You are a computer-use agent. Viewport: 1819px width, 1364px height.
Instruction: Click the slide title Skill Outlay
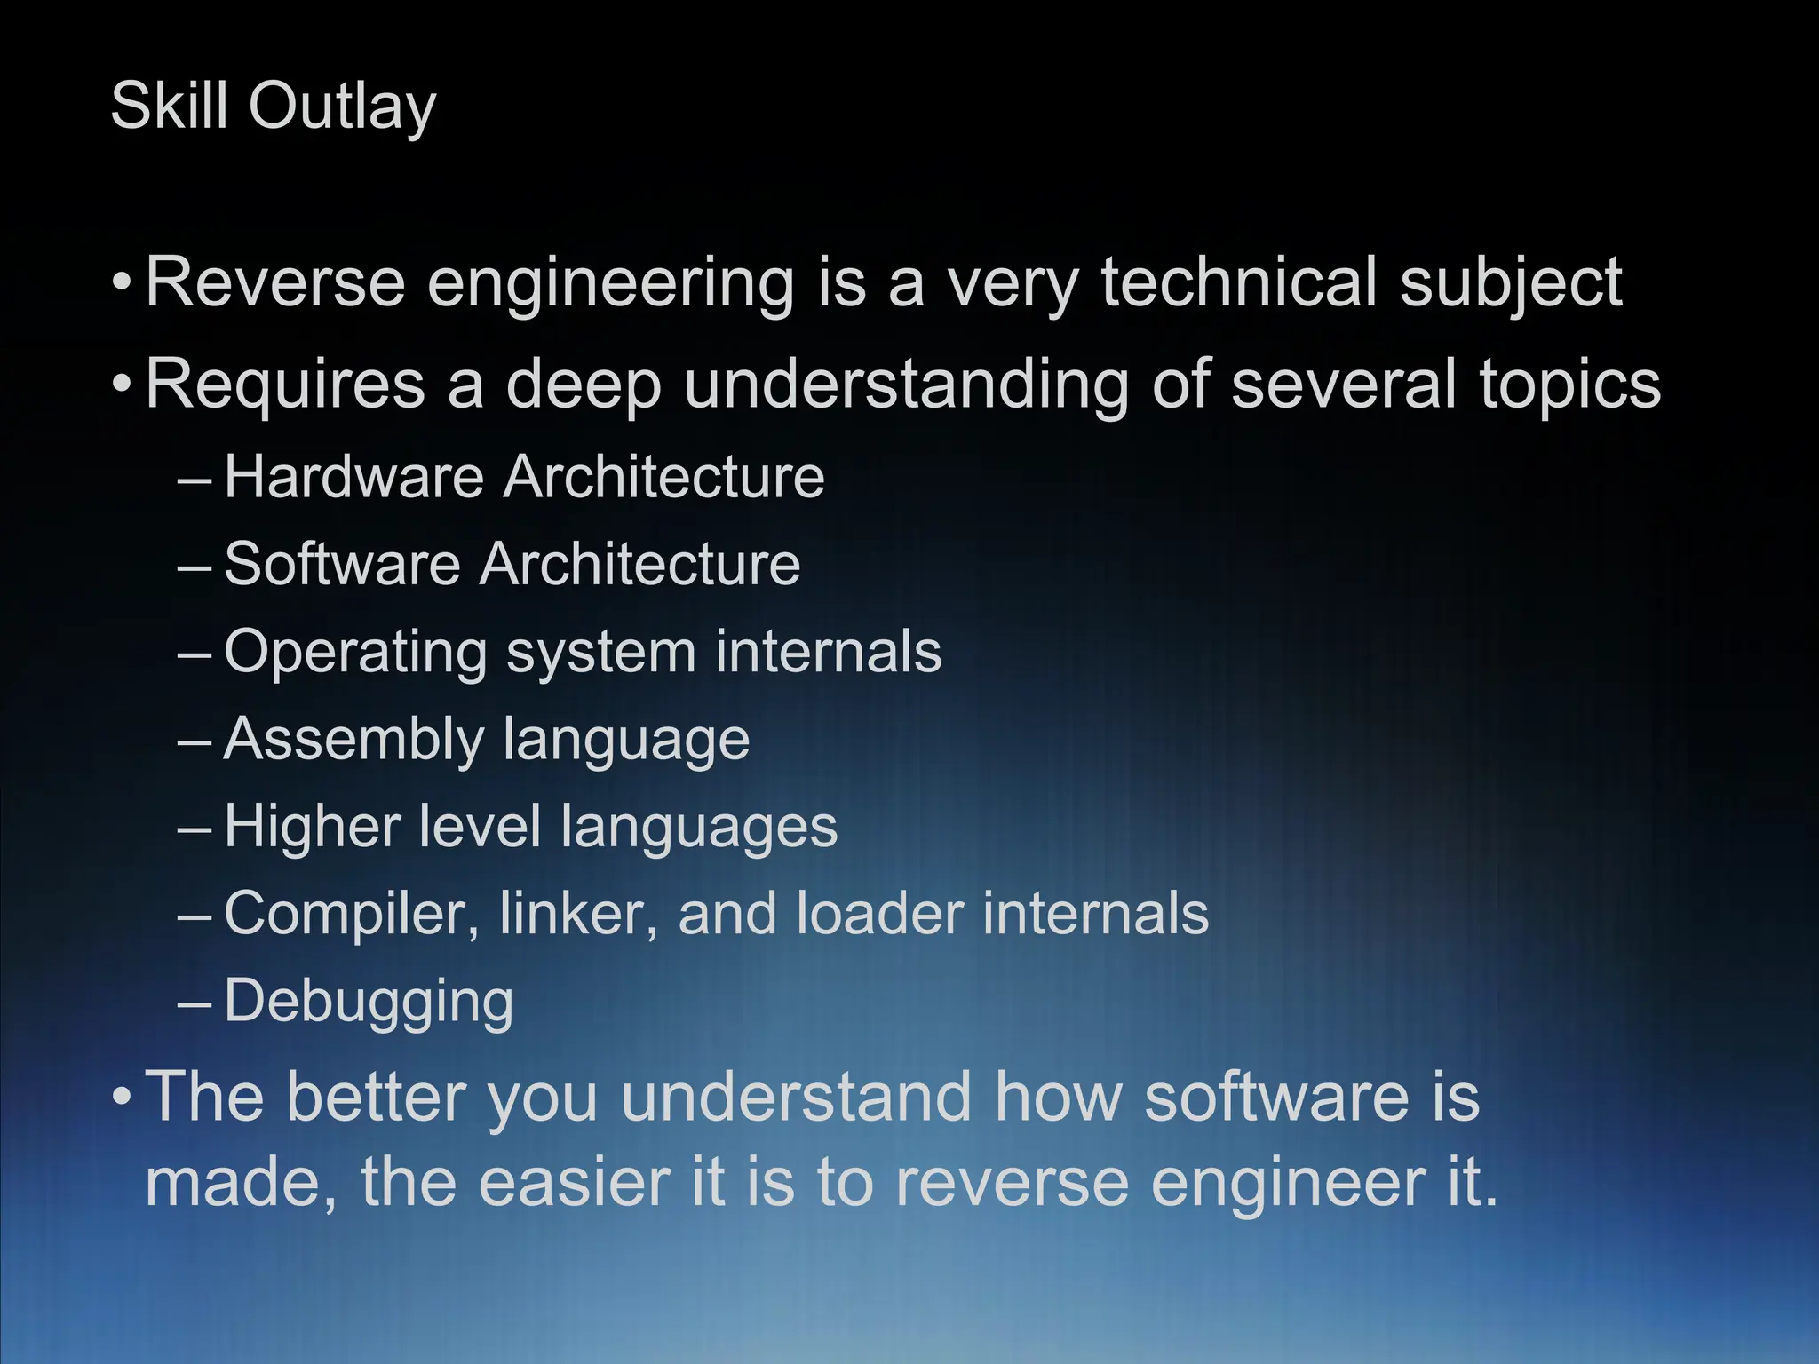point(273,107)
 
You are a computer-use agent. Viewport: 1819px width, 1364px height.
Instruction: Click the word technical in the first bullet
point(1239,282)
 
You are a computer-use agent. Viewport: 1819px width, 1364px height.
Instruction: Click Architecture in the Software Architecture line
point(639,564)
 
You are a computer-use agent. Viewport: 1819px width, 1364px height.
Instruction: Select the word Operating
point(355,653)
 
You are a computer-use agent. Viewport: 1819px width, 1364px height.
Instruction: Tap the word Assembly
point(353,740)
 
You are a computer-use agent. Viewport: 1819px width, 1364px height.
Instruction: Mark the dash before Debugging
point(195,1004)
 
